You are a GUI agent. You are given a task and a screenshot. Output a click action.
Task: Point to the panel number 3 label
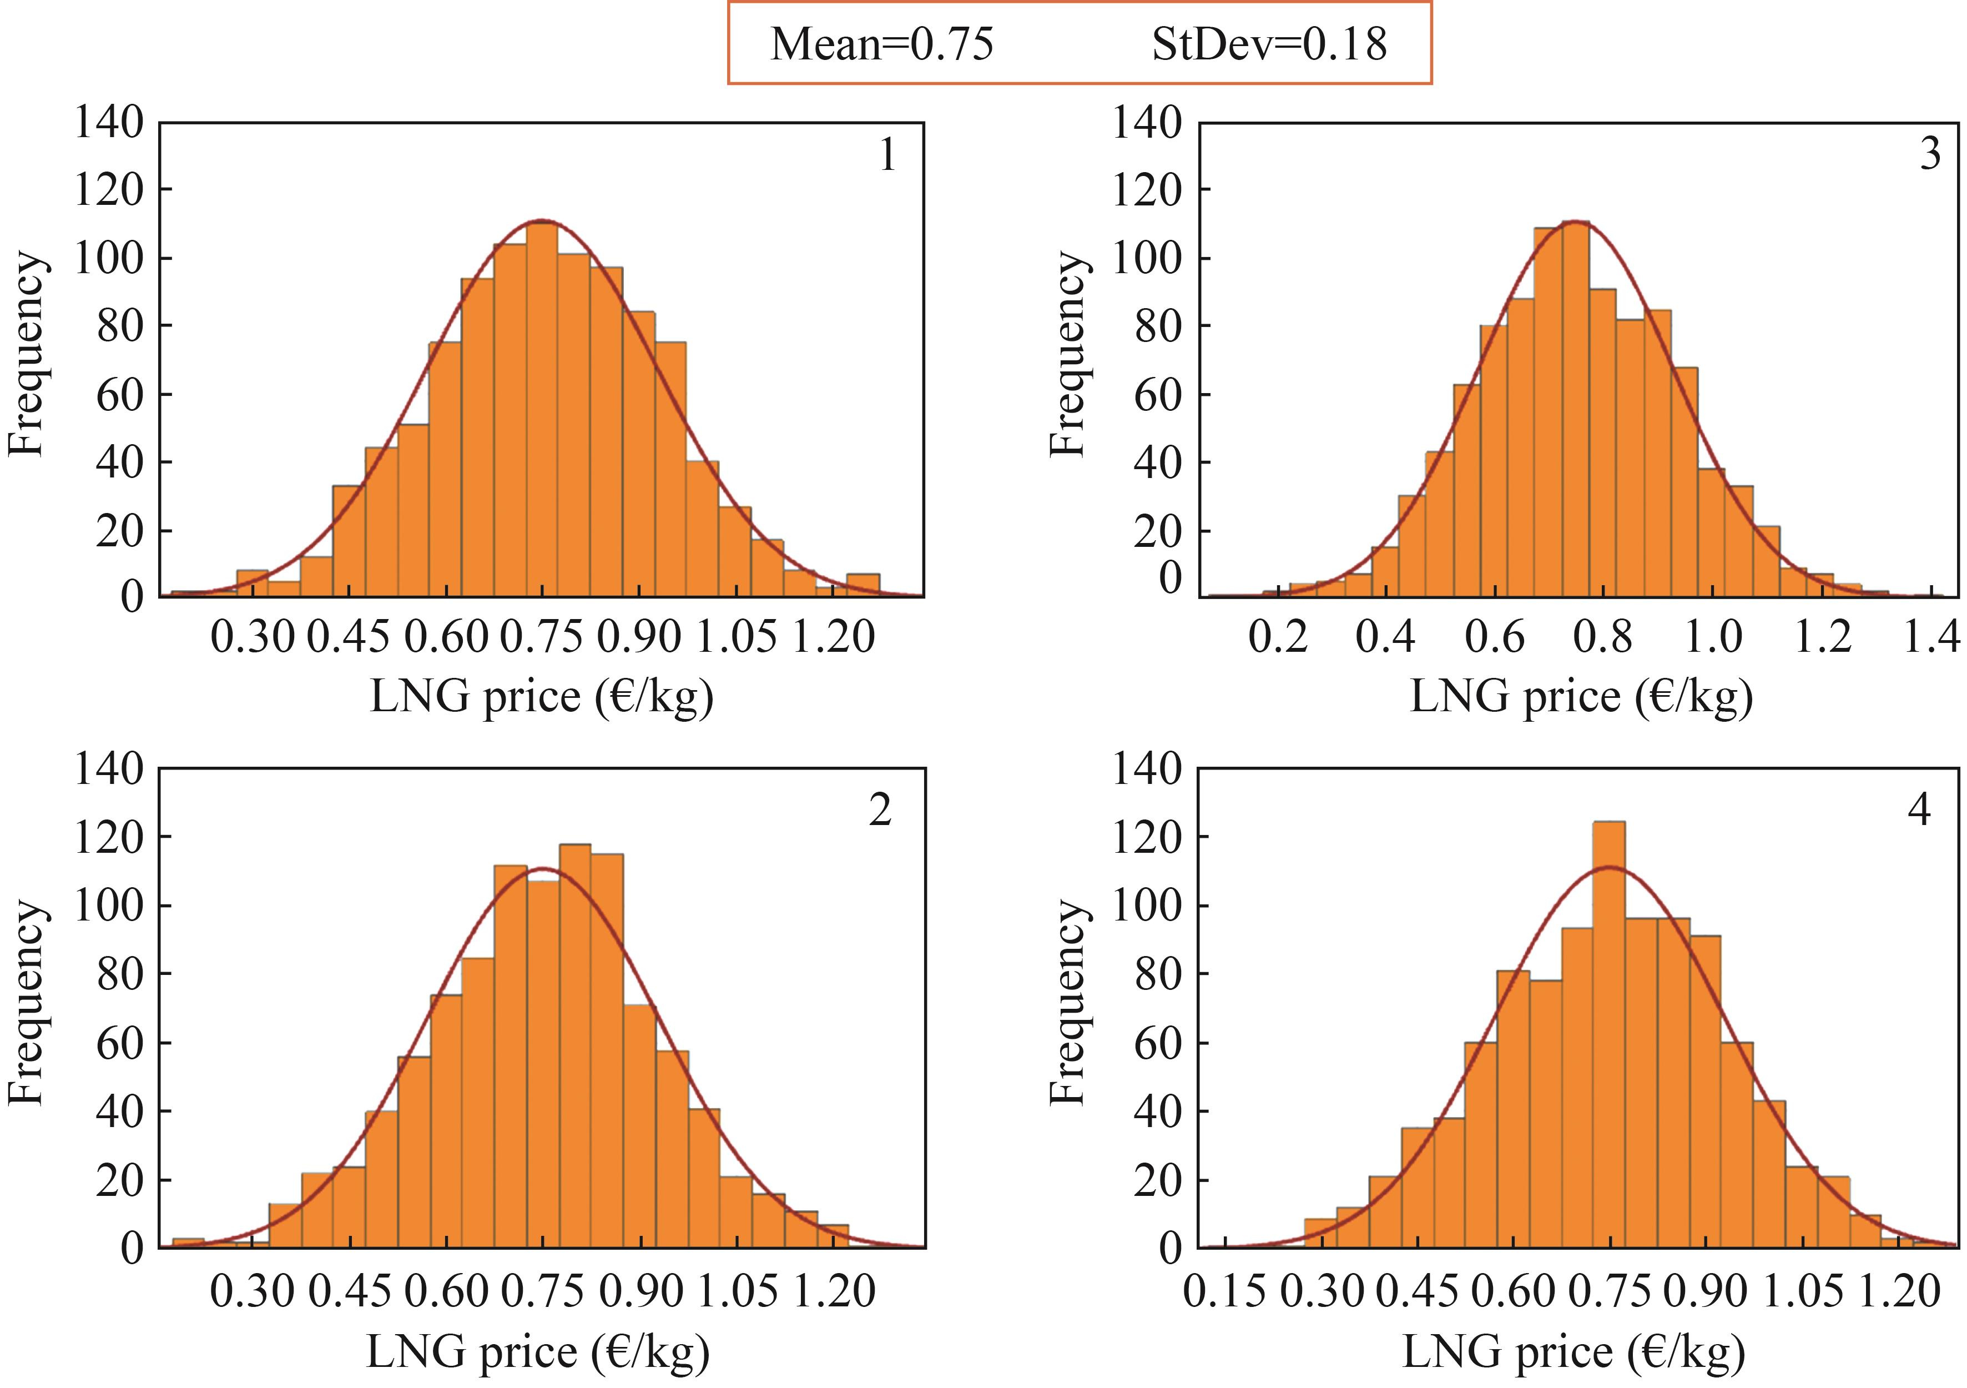click(1930, 154)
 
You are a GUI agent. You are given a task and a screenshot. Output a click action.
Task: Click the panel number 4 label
click(1919, 809)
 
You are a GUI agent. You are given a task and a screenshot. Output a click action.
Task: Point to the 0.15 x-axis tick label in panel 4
click(1224, 1291)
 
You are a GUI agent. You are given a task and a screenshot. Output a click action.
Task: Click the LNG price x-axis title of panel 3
click(1581, 697)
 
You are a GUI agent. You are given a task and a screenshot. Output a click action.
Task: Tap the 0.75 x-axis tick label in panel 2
click(542, 1291)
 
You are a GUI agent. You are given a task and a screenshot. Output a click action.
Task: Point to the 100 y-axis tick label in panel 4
click(1146, 906)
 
